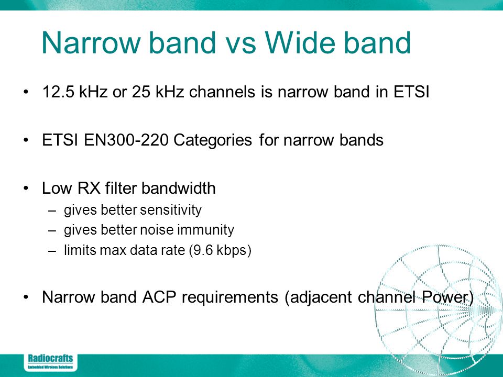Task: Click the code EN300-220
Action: tap(126, 140)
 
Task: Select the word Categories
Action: tap(213, 141)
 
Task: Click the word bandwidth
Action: tap(178, 188)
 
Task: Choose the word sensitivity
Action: tap(171, 210)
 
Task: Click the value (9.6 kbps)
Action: tap(220, 250)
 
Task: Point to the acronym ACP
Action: tap(159, 297)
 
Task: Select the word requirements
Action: tap(229, 298)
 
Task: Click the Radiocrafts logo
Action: tap(50, 362)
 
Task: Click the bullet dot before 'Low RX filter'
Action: tap(26, 188)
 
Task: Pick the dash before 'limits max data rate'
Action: tap(52, 251)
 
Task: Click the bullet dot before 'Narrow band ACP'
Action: tap(26, 297)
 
